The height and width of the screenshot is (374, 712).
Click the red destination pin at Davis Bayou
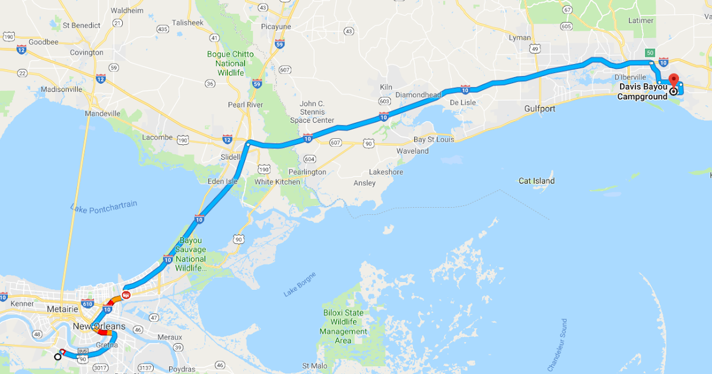pyautogui.click(x=673, y=80)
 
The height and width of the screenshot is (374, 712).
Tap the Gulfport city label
pyautogui.click(x=539, y=109)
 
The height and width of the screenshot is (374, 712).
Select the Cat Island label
pyautogui.click(x=536, y=180)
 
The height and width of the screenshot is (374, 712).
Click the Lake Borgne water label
pyautogui.click(x=300, y=284)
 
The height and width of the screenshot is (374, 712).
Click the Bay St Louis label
pyautogui.click(x=434, y=140)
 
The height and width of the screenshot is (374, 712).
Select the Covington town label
pyautogui.click(x=87, y=52)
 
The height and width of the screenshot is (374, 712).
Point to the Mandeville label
pyautogui.click(x=103, y=113)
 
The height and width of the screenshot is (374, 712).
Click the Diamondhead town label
pyautogui.click(x=418, y=95)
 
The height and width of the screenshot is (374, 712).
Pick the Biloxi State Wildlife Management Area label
pyautogui.click(x=344, y=326)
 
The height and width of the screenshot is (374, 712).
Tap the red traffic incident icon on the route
pyautogui.click(x=126, y=294)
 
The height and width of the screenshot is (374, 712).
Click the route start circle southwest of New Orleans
pyautogui.click(x=58, y=356)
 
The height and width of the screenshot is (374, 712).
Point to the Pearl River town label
pyautogui.click(x=246, y=104)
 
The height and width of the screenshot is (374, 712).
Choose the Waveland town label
pyautogui.click(x=412, y=151)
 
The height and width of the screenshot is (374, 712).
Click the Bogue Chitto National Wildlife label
pyautogui.click(x=230, y=63)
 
